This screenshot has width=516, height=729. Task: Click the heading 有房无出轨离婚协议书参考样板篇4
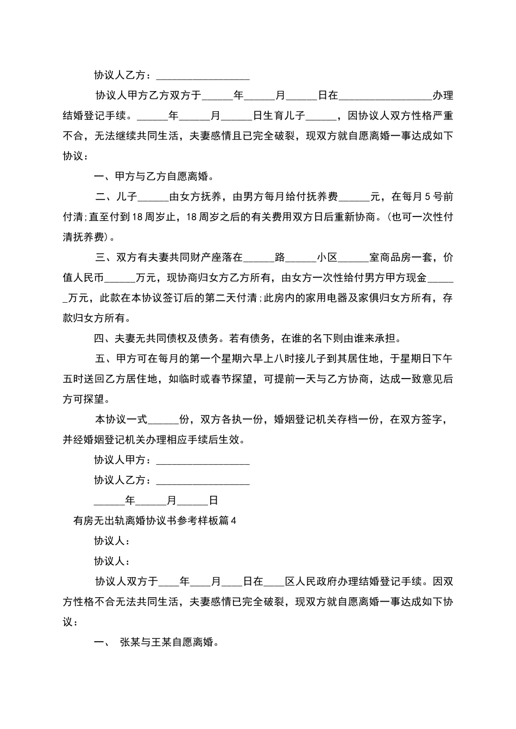coord(155,521)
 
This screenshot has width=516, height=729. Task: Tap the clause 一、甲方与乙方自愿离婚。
coord(154,176)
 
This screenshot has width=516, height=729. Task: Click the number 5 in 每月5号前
coord(427,196)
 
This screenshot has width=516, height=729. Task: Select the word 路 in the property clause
coord(280,257)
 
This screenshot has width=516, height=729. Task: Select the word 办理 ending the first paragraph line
coord(443,96)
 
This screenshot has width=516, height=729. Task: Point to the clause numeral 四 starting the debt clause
coord(99,338)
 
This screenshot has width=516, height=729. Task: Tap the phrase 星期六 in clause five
coord(247,359)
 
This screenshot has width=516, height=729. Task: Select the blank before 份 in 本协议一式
coord(163,420)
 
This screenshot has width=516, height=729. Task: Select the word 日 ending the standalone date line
coord(213,501)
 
